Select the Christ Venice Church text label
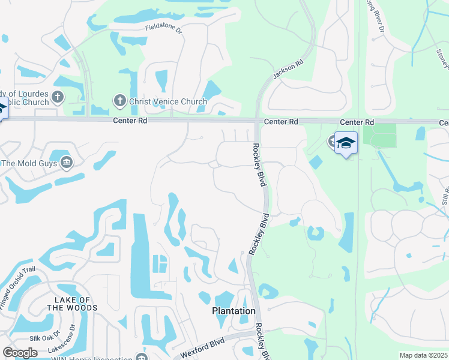pyautogui.click(x=168, y=101)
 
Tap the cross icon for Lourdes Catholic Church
pyautogui.click(x=58, y=96)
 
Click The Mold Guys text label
pyautogui.click(x=29, y=163)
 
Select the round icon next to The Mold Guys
pyautogui.click(x=66, y=162)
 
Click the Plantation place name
pyautogui.click(x=234, y=311)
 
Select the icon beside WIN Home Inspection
pyautogui.click(x=142, y=358)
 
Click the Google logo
pyautogui.click(x=20, y=353)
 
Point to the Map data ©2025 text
pyautogui.click(x=423, y=355)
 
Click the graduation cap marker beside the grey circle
pyautogui.click(x=346, y=143)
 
